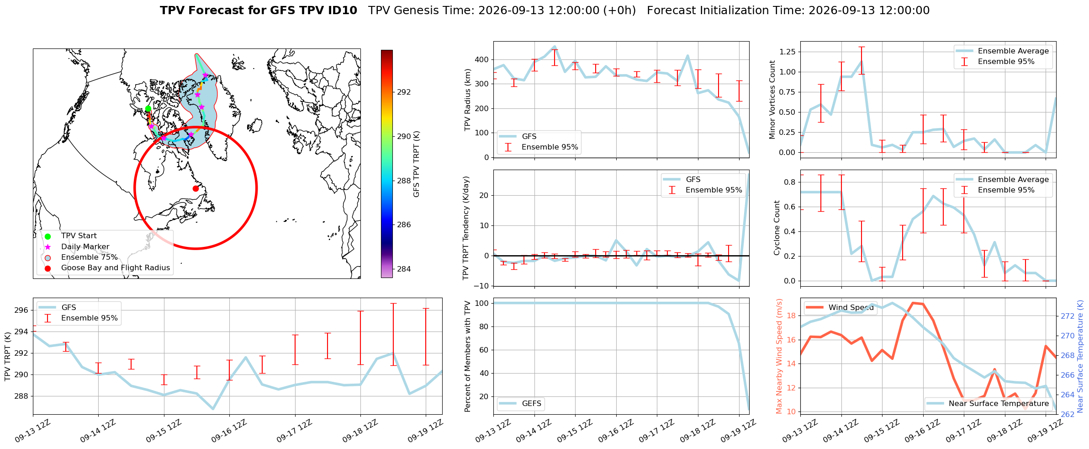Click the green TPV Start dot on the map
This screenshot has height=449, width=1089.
[x=148, y=109]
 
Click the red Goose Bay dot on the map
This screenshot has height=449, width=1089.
[x=196, y=188]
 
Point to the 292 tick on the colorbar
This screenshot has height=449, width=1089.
[x=404, y=92]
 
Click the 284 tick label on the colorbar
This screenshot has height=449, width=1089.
[x=404, y=269]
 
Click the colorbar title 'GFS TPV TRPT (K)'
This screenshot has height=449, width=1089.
[x=416, y=164]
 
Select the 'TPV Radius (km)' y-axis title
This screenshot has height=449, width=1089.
[x=467, y=100]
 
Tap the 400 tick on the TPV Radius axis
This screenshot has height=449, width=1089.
[x=482, y=60]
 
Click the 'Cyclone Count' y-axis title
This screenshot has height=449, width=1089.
[x=777, y=228]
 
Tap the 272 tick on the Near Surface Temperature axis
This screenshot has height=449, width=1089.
[x=1068, y=316]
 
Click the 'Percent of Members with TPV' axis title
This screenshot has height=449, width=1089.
[x=467, y=357]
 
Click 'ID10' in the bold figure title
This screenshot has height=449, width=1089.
[x=343, y=11]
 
